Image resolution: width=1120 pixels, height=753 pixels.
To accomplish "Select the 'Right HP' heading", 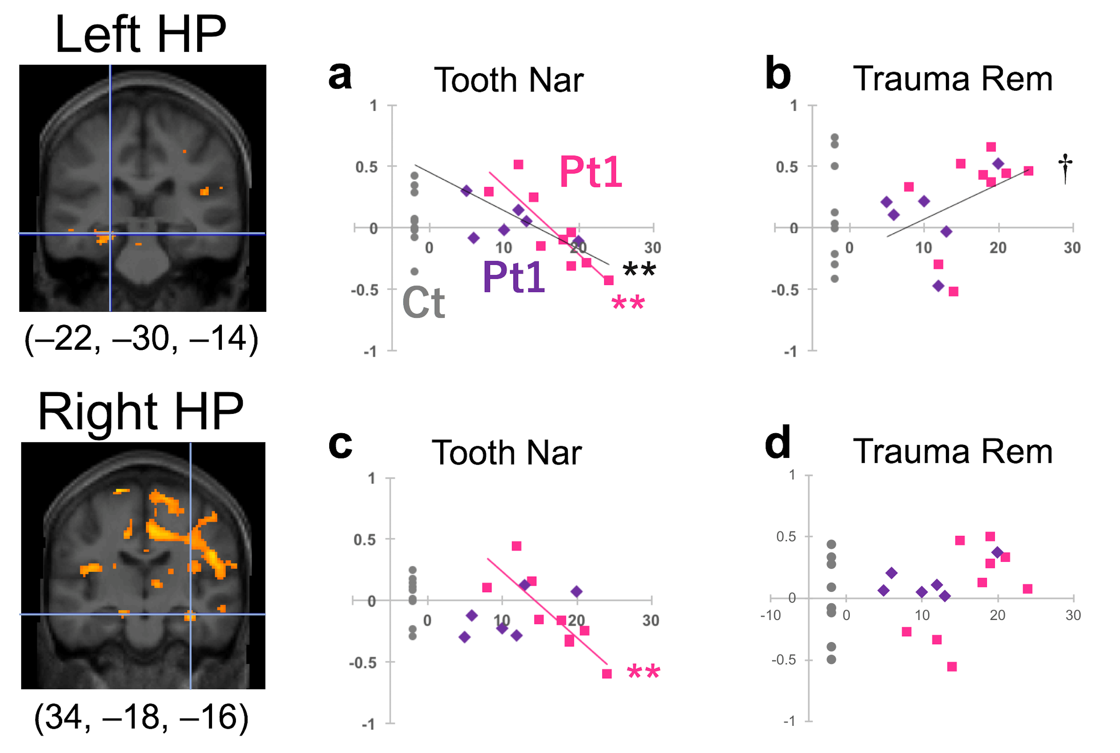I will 140,411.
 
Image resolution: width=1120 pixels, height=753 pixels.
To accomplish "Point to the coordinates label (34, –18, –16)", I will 141,717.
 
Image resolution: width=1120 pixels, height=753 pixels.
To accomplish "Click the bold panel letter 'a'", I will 340,76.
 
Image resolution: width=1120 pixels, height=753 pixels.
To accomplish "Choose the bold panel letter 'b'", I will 778,74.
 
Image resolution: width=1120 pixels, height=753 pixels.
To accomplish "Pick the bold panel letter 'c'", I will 340,445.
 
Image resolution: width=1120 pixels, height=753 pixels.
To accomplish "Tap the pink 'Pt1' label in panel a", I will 591,172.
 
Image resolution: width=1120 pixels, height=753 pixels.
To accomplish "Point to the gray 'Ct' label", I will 423,303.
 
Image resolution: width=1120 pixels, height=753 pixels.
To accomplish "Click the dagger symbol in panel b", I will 1065,168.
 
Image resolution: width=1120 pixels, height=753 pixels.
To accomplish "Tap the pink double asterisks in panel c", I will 643,672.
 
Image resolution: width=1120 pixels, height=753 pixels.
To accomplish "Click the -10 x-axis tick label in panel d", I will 771,615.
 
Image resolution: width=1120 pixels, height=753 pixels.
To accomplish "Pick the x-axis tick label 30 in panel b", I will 1072,248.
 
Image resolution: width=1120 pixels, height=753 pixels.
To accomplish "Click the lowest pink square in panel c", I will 607,674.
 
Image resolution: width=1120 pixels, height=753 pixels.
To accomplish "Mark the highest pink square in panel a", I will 518,165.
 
